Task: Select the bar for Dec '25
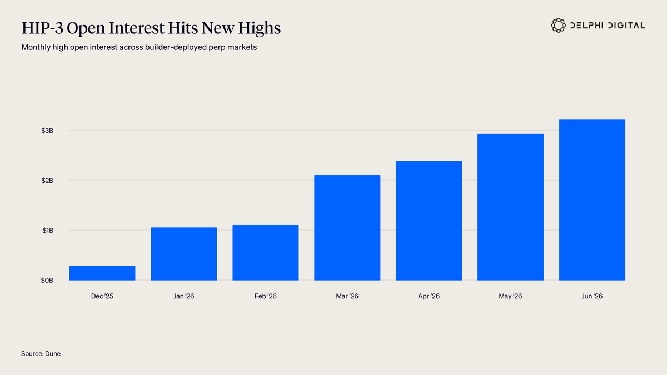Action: [x=102, y=273]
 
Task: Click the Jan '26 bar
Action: [x=184, y=254]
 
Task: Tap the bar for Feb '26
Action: [x=266, y=253]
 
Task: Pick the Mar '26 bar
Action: [x=347, y=228]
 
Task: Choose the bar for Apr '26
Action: [x=429, y=221]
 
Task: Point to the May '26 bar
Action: [x=510, y=207]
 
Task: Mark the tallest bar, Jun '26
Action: [x=593, y=200]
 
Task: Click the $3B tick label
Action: [x=47, y=131]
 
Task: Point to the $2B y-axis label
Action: [x=47, y=181]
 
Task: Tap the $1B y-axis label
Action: [x=48, y=231]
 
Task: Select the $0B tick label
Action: [x=47, y=281]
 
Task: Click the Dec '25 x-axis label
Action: [x=102, y=296]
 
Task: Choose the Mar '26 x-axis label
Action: [x=347, y=296]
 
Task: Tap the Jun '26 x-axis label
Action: [x=593, y=296]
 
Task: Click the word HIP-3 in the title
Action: [x=42, y=28]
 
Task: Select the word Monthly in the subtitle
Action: [x=36, y=47]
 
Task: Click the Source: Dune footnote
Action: [x=41, y=353]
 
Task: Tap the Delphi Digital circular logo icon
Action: [x=558, y=26]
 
